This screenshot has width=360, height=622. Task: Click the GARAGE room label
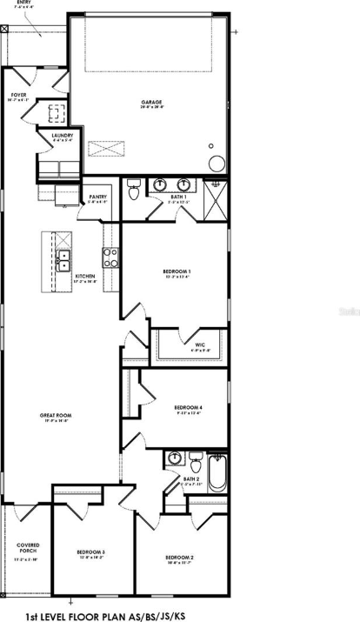[152, 103]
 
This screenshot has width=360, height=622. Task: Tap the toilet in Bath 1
[133, 189]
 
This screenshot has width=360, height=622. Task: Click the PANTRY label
[97, 197]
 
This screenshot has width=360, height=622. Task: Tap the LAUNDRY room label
[62, 136]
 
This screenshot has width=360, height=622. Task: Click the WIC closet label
[199, 345]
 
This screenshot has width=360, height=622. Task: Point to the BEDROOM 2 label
[179, 557]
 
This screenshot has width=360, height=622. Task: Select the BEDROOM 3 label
[90, 552]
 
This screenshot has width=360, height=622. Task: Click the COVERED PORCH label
[28, 550]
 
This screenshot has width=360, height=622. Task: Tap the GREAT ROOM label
[56, 416]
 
